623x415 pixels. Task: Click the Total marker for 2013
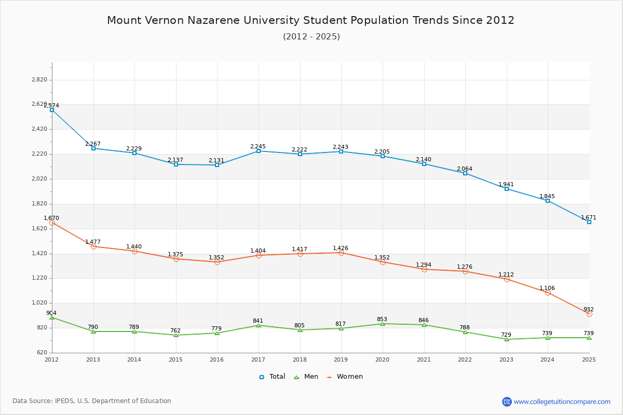[93, 148]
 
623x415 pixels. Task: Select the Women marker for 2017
[259, 255]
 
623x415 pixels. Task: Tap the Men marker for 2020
[383, 324]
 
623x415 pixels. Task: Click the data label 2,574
[51, 105]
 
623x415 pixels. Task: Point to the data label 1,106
[547, 288]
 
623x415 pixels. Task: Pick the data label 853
[382, 319]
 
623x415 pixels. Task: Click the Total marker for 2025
[589, 222]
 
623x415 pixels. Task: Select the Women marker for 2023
[507, 279]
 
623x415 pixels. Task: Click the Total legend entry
[272, 377]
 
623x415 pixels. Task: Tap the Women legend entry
[345, 377]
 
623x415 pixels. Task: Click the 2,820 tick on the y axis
[39, 80]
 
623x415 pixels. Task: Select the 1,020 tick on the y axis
[39, 303]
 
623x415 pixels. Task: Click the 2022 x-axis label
[465, 359]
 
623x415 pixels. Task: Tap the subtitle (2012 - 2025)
[311, 36]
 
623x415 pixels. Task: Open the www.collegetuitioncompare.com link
[562, 402]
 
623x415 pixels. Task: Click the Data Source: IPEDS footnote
[92, 401]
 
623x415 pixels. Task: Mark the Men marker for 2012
[52, 317]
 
